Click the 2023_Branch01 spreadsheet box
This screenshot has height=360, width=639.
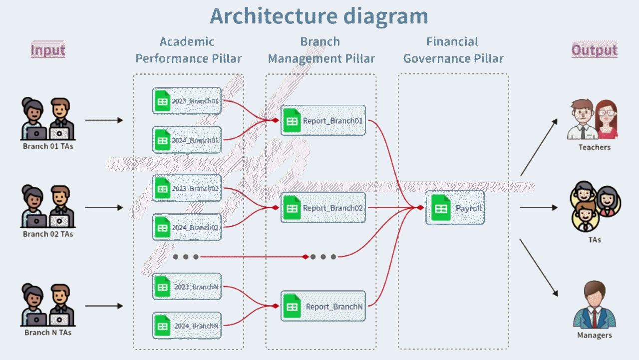point(187,101)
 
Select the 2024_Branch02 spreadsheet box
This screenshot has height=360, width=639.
point(187,228)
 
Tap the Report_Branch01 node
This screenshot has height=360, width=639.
point(323,120)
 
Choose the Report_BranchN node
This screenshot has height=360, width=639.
point(323,306)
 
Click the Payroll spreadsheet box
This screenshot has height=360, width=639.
point(455,208)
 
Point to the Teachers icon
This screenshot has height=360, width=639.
point(593,120)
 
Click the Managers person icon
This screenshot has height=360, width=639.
point(594,305)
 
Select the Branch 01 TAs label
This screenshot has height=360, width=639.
point(48,147)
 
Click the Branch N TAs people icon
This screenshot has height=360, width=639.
point(48,305)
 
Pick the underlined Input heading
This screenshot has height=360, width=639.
point(48,50)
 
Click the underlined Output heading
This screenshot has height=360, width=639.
point(594,50)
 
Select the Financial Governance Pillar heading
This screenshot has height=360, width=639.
point(453,50)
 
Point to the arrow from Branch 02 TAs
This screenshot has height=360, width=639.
point(104,208)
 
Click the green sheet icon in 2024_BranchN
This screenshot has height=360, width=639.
point(162,326)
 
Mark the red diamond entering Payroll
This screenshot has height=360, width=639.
point(420,207)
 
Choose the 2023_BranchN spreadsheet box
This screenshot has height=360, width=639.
point(187,287)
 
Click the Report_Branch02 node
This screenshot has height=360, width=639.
point(323,208)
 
